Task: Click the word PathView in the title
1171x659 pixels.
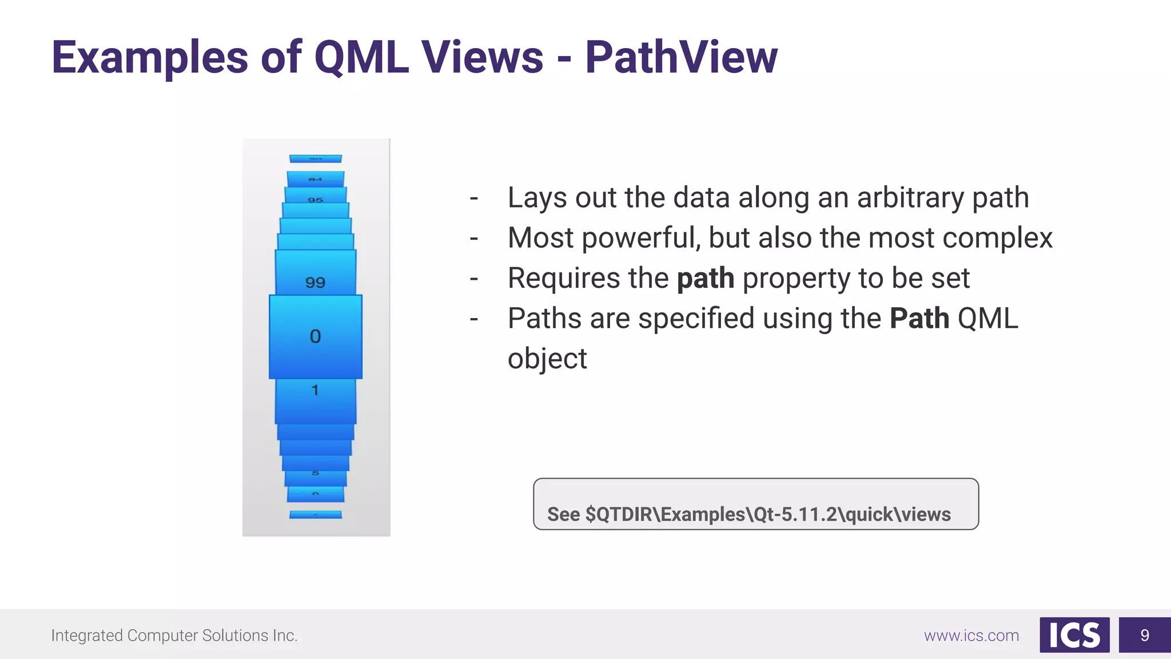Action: pos(680,58)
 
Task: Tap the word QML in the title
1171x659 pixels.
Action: pos(361,58)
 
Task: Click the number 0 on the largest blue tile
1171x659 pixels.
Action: pos(315,336)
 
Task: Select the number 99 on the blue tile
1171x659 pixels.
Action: pos(315,283)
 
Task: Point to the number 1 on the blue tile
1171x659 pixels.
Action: pos(314,390)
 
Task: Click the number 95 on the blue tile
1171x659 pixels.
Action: pos(315,200)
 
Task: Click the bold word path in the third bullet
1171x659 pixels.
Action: pos(705,279)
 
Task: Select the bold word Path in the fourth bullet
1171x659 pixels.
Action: pos(919,319)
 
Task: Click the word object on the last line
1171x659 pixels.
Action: pos(547,359)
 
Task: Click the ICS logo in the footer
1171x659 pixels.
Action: pos(1074,635)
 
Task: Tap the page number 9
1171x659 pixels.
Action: pos(1144,635)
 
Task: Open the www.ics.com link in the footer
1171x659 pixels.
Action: pos(971,636)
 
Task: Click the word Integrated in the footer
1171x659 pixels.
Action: pos(86,636)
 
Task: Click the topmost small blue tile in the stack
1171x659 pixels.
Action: pos(315,158)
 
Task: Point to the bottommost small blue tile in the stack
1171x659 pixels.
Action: pos(315,514)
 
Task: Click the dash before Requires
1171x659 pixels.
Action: pos(473,279)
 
